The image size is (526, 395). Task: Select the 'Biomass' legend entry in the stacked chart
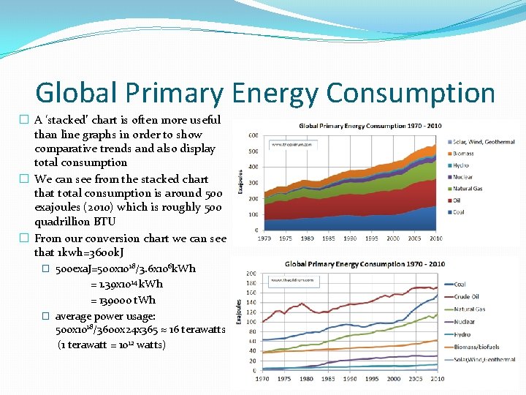[x=462, y=154]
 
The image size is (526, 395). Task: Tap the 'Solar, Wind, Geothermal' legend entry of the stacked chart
[x=483, y=142]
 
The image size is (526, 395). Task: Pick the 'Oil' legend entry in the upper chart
[x=457, y=200]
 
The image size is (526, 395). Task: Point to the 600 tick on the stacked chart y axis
[x=251, y=135]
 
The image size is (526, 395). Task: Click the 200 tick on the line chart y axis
[x=251, y=274]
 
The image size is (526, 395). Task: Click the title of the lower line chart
[x=365, y=264]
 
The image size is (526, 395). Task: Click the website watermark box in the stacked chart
[x=288, y=145]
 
